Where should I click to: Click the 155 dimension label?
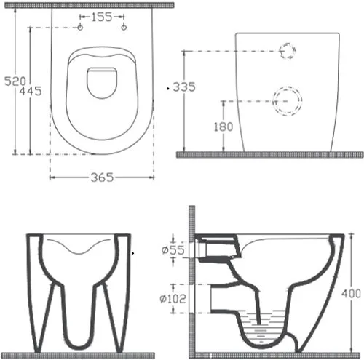click(102, 17)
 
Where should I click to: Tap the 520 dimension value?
click(15, 81)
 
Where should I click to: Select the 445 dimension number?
click(31, 91)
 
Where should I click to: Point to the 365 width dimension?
click(102, 177)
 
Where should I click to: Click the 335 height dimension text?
click(184, 87)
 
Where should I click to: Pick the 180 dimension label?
click(223, 127)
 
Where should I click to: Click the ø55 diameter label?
click(173, 249)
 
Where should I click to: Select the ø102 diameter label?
click(173, 299)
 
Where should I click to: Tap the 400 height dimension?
click(351, 294)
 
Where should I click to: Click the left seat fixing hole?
click(80, 28)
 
